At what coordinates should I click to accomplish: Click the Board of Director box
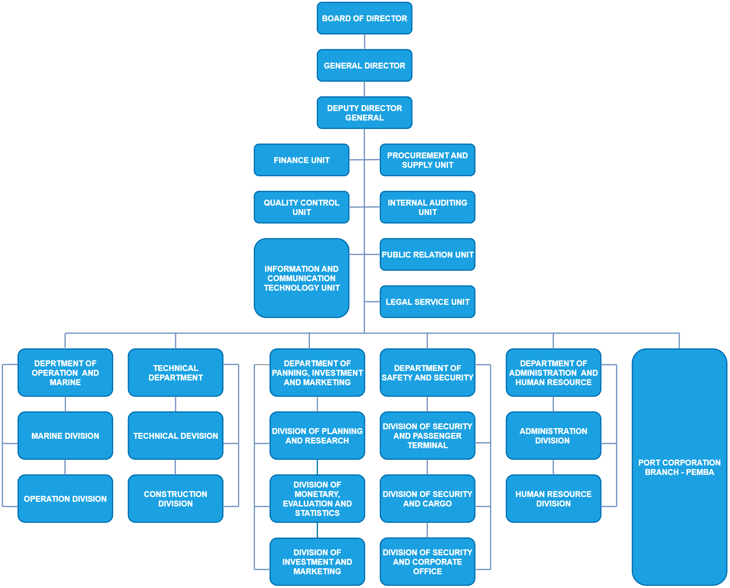coord(364,18)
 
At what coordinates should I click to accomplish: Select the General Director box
coord(364,65)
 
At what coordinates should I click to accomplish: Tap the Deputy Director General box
coord(364,113)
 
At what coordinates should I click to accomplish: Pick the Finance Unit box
coord(301,160)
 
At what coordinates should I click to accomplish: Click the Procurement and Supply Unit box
coord(427,160)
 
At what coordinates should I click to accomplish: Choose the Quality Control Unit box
coord(301,207)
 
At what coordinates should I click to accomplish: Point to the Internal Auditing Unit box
coord(427,207)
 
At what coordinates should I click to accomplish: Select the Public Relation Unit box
coord(427,254)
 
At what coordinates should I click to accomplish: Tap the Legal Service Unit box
coord(427,302)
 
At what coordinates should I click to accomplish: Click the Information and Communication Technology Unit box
coord(301,278)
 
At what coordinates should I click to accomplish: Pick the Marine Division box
coord(65,436)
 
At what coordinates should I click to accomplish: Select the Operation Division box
coord(65,499)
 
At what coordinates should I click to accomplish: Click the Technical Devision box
coord(175,436)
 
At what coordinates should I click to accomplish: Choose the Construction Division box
coord(175,499)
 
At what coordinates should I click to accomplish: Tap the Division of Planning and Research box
coord(317,436)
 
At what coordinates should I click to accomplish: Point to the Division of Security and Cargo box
coord(427,499)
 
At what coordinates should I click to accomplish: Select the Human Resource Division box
coord(553,499)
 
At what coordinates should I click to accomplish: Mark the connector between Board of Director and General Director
coord(364,42)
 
